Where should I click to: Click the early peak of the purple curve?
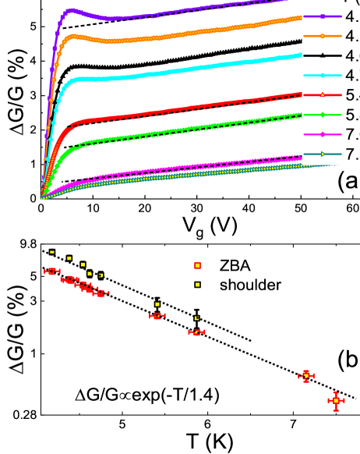click(x=72, y=10)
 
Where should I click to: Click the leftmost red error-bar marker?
click(x=52, y=271)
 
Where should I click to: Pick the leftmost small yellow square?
click(x=52, y=252)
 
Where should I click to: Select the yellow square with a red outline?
click(x=197, y=265)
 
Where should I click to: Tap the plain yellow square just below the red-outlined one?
click(x=197, y=285)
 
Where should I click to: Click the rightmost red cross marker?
click(x=336, y=401)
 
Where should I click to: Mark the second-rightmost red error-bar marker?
click(x=306, y=376)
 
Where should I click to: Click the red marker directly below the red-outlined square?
click(x=196, y=332)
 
